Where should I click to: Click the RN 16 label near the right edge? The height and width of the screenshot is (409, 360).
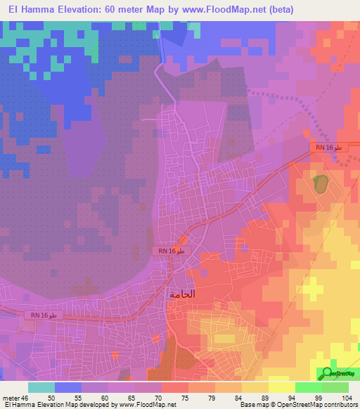coord(328,148)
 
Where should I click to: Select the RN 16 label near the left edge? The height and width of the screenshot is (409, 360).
coord(43,316)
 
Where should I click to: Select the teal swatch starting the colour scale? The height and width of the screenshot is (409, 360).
coord(41,387)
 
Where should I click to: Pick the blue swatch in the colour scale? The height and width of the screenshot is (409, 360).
coord(67,387)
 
